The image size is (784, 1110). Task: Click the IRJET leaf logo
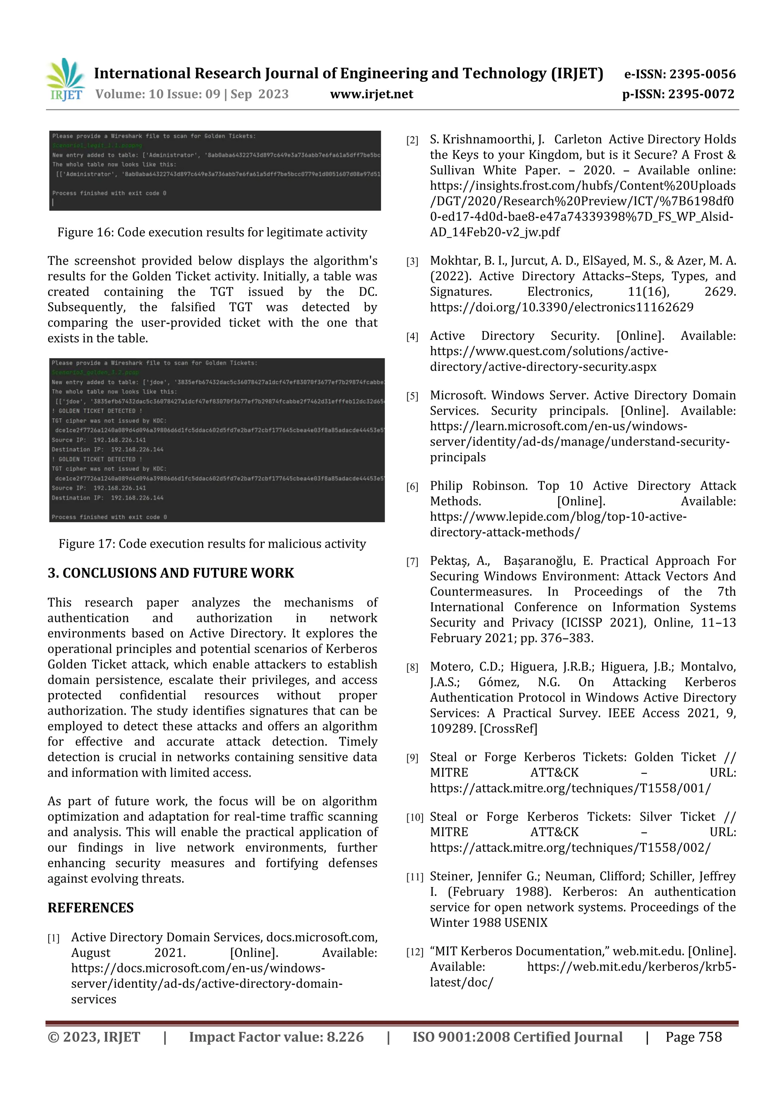tap(66, 79)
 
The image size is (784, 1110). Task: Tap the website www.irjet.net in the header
tap(371, 94)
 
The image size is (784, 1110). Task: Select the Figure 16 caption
tap(212, 232)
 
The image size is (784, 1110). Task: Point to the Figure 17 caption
tap(212, 543)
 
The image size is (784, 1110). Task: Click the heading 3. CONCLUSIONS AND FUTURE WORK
tap(170, 573)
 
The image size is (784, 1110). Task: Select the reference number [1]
tap(53, 938)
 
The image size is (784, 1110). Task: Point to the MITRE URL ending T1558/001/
tap(570, 788)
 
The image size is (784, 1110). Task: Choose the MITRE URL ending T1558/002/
tap(570, 848)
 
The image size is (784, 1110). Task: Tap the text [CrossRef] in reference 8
tap(508, 728)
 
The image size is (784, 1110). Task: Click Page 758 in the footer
tap(693, 1036)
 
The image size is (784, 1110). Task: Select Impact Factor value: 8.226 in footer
tap(276, 1036)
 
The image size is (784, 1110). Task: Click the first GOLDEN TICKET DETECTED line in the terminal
tap(97, 411)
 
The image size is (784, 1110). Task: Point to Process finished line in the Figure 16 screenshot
tap(109, 193)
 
